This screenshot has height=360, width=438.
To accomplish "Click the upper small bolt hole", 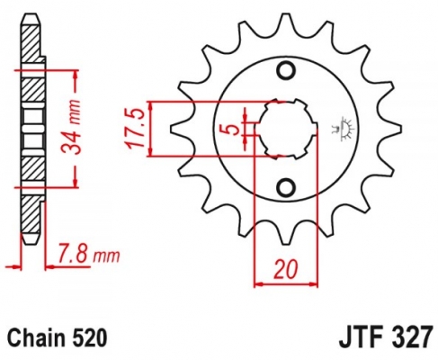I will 286,71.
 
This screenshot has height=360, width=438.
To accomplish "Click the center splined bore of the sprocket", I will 286,129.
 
